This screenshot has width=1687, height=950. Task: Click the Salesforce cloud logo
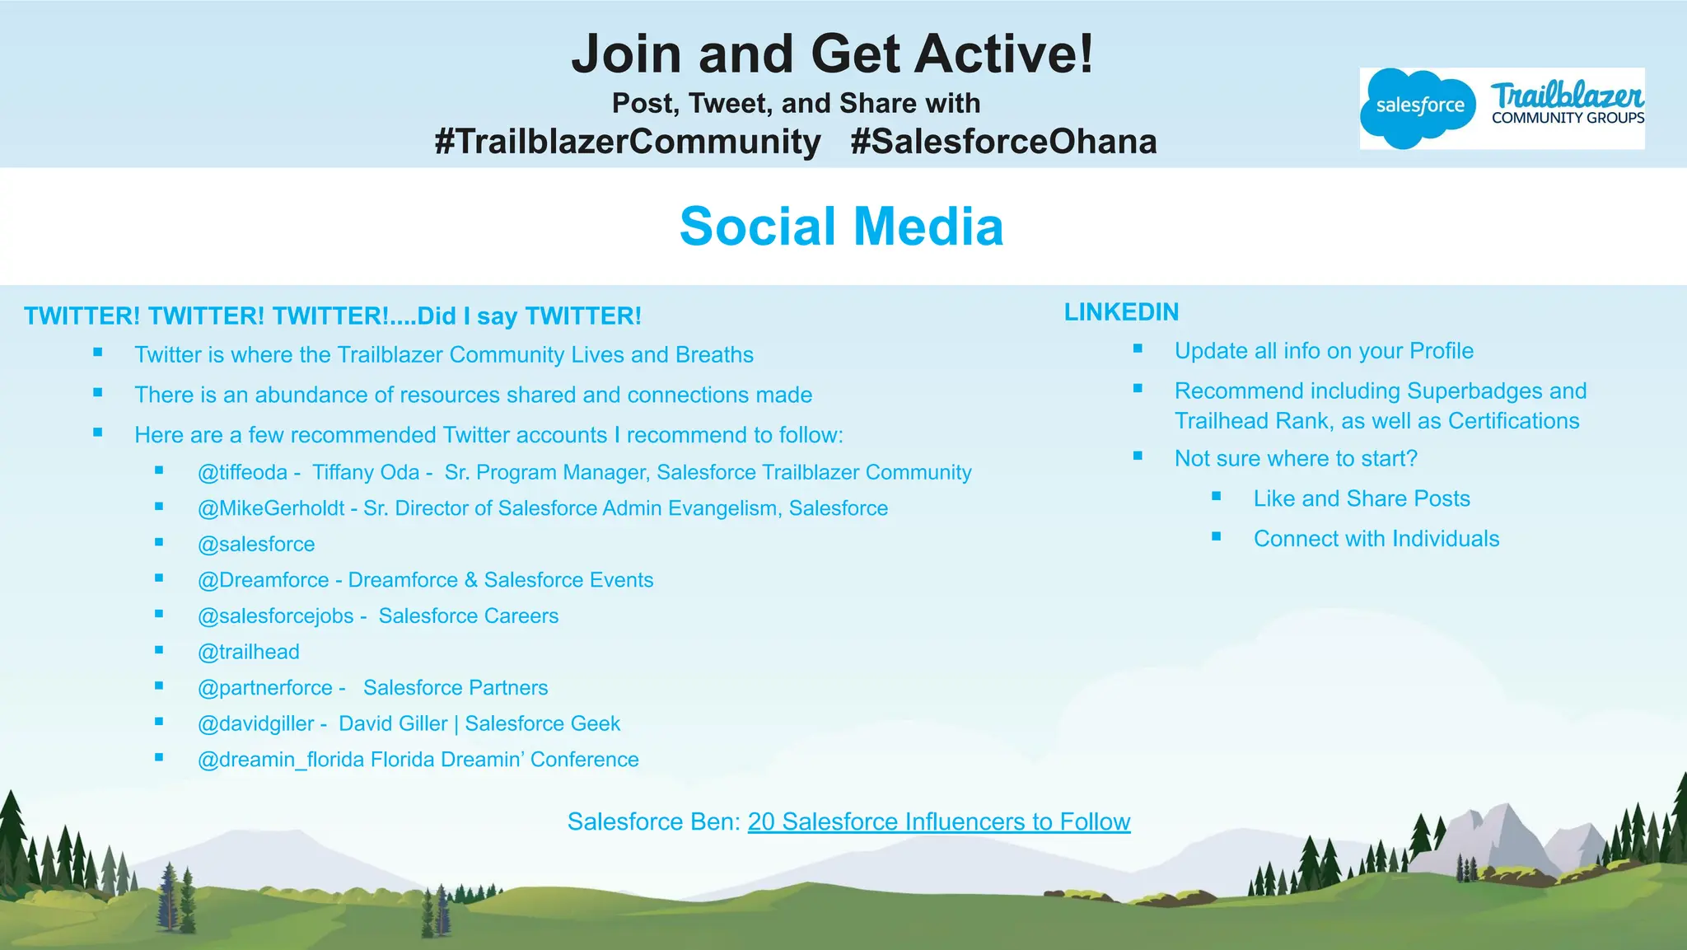(x=1418, y=107)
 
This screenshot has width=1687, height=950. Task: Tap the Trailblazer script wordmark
(x=1567, y=96)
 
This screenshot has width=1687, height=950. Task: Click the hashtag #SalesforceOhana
(x=1003, y=142)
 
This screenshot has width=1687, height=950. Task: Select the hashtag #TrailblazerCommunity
(x=628, y=142)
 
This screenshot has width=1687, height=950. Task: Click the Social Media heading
(x=841, y=227)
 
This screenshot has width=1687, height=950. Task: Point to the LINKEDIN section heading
(x=1121, y=312)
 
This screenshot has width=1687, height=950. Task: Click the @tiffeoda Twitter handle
(x=242, y=472)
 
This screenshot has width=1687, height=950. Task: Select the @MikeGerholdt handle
(x=271, y=508)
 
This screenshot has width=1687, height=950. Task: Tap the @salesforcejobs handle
(x=275, y=616)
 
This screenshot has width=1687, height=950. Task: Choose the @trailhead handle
(x=249, y=652)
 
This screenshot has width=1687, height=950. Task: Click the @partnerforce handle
(x=265, y=688)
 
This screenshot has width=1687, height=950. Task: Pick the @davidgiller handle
(x=256, y=723)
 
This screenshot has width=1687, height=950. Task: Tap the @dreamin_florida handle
(x=281, y=760)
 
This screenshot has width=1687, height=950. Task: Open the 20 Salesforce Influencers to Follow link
(x=939, y=821)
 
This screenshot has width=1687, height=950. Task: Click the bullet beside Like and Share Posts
(x=1217, y=496)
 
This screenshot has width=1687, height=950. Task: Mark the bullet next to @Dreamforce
(x=159, y=578)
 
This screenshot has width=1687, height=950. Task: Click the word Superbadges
(x=1469, y=391)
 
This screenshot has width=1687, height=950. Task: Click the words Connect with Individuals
(x=1376, y=539)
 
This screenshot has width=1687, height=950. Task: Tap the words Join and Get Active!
(x=833, y=54)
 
